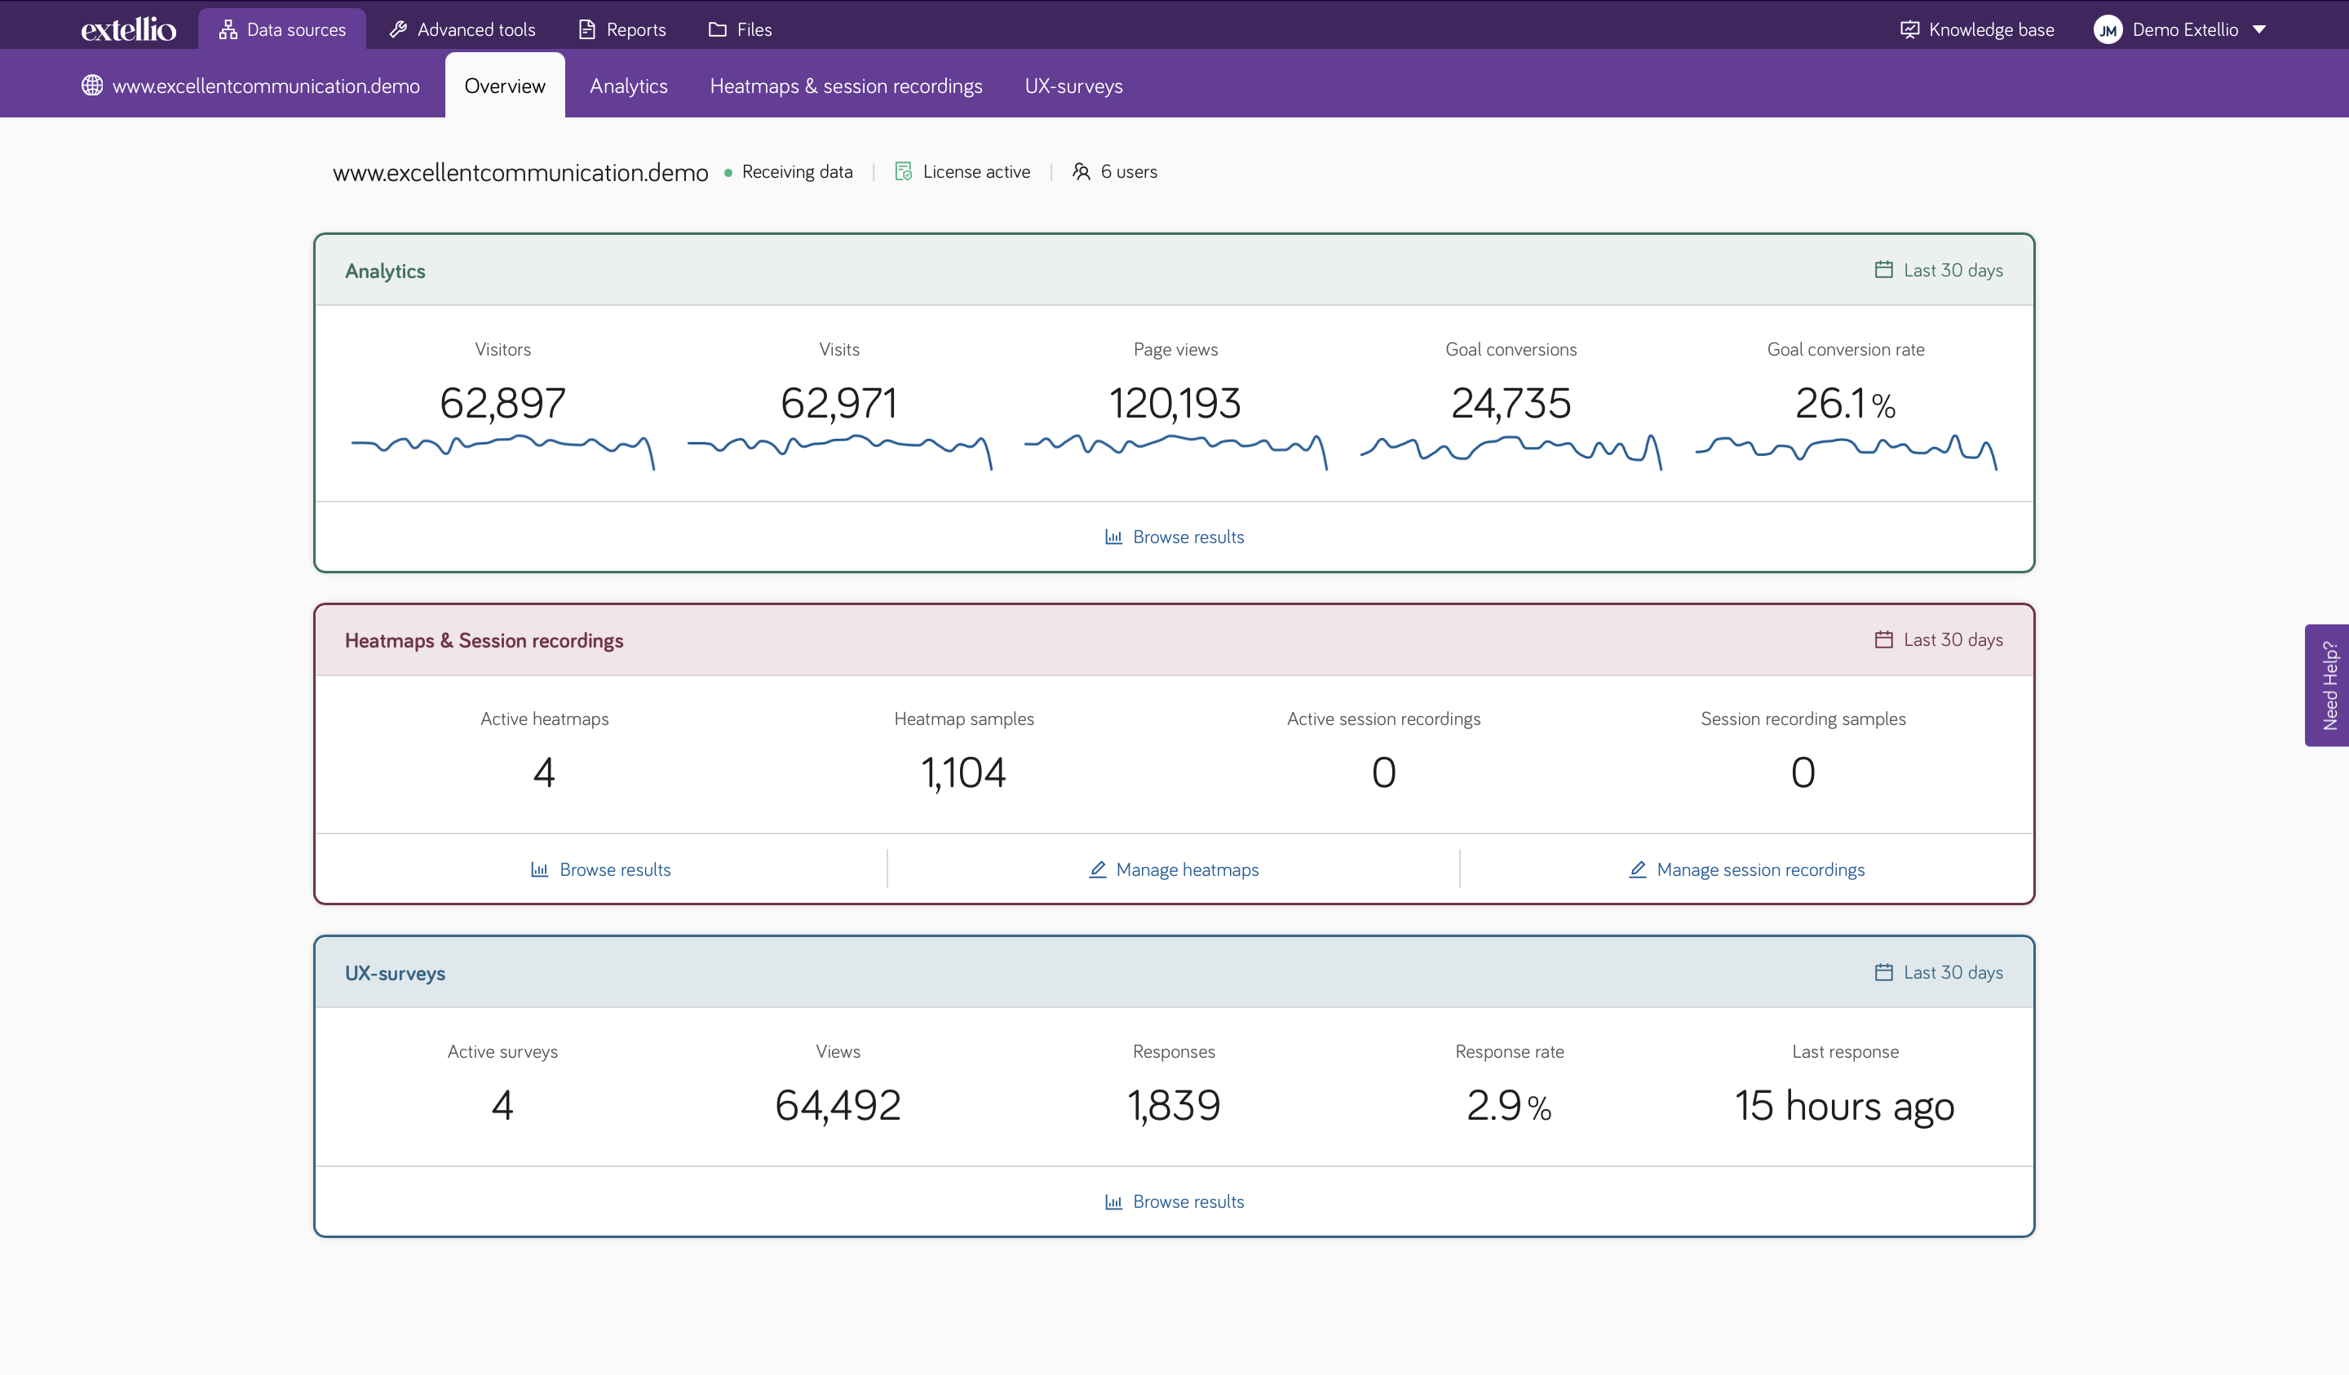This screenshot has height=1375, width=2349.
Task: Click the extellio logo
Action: tap(129, 30)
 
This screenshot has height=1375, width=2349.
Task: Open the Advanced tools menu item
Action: tap(462, 30)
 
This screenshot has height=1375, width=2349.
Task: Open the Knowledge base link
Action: tap(1977, 30)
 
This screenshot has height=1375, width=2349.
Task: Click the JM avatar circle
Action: tap(2107, 30)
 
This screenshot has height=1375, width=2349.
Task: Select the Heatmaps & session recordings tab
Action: tap(846, 86)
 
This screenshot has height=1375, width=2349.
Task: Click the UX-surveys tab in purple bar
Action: tap(1073, 86)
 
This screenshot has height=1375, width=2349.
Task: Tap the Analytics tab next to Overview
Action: tap(628, 86)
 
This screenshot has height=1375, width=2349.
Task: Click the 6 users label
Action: tap(1115, 171)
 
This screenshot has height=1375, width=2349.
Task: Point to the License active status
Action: tap(963, 171)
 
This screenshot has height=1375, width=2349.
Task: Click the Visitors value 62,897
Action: tap(502, 403)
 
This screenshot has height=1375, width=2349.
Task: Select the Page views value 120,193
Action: tap(1174, 403)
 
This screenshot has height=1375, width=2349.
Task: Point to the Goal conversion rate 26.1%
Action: tap(1845, 403)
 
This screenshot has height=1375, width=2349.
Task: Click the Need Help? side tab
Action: tap(2328, 685)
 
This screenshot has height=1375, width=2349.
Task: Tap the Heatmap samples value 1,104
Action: tap(963, 772)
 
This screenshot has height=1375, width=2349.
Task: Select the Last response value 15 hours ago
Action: tap(1844, 1106)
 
